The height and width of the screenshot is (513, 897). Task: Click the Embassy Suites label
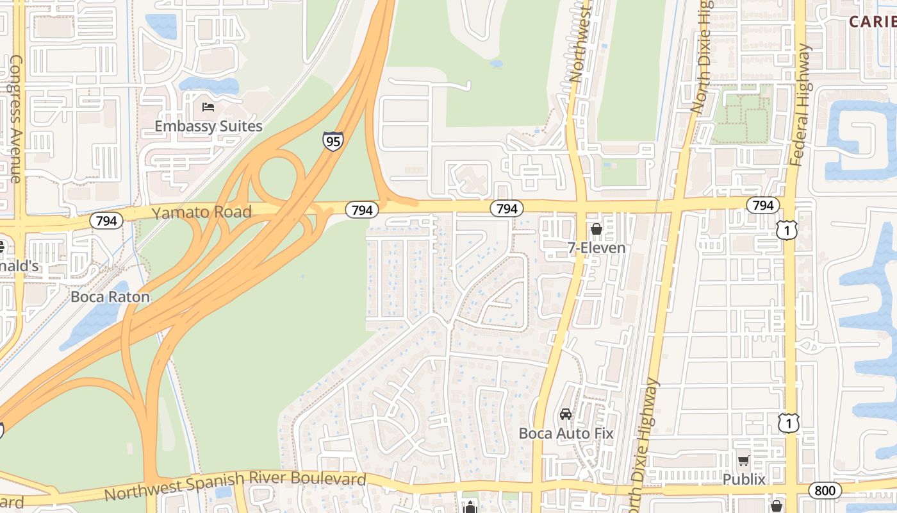(x=208, y=126)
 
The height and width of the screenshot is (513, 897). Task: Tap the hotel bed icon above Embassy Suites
(x=208, y=106)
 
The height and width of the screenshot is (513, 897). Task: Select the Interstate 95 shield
(x=333, y=140)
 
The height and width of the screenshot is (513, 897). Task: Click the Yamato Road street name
(x=201, y=212)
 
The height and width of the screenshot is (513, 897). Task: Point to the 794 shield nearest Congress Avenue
(x=106, y=221)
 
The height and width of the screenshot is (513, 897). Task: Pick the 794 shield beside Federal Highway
(x=762, y=205)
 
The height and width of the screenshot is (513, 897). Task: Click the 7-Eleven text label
(x=597, y=248)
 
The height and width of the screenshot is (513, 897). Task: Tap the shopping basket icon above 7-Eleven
(x=597, y=229)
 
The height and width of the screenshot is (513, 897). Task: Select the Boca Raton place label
(x=110, y=297)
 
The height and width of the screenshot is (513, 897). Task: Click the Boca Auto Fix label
(x=566, y=433)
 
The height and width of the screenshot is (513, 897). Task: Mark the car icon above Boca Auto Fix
(x=566, y=414)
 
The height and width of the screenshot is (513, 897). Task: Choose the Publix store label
(x=744, y=479)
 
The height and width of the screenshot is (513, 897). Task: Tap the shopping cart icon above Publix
(x=744, y=460)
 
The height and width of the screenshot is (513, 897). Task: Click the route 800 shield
(x=825, y=491)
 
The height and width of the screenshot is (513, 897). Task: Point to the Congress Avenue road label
(x=16, y=119)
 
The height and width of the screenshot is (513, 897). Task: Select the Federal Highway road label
(x=801, y=106)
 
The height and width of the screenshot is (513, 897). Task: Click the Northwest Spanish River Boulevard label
(x=235, y=486)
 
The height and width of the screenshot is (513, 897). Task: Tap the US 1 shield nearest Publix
(x=789, y=423)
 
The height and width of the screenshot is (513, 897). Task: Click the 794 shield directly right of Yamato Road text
(x=362, y=210)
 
